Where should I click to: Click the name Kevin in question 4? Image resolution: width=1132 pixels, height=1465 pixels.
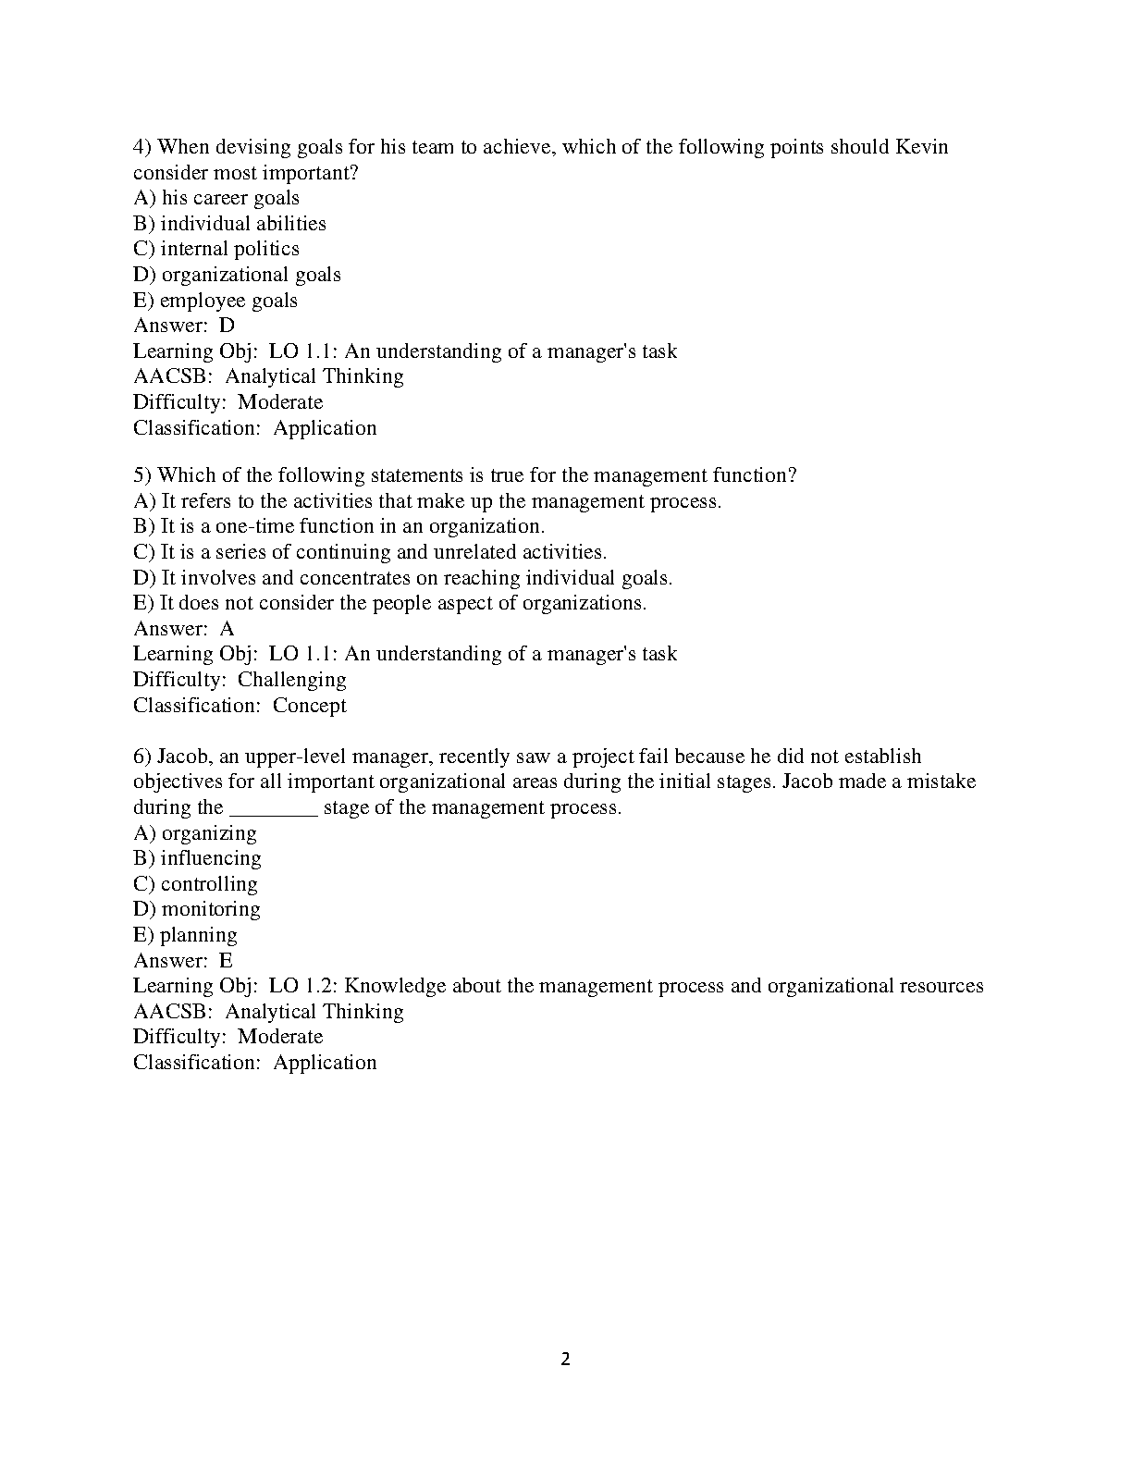click(x=922, y=147)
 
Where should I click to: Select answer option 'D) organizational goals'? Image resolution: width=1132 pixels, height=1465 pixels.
click(x=237, y=275)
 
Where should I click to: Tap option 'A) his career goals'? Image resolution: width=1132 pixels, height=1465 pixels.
click(x=216, y=198)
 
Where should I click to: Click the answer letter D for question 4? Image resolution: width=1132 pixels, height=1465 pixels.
click(x=227, y=326)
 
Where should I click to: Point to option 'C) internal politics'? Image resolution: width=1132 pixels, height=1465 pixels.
click(x=216, y=249)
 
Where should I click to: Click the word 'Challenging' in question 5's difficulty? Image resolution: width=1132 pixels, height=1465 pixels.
click(x=292, y=680)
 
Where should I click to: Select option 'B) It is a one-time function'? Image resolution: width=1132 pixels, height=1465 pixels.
click(x=338, y=526)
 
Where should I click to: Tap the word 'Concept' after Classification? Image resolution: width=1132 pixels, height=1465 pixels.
click(x=310, y=706)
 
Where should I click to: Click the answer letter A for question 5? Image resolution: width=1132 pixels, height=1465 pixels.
click(x=227, y=629)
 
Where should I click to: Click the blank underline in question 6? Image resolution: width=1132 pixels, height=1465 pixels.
click(x=273, y=808)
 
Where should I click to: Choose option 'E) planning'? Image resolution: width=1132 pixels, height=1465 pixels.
click(x=185, y=935)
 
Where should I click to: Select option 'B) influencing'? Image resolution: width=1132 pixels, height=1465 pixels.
click(x=197, y=858)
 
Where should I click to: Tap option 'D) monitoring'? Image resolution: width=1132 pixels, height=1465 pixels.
click(x=197, y=909)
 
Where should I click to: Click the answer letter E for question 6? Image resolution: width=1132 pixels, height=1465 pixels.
click(x=227, y=961)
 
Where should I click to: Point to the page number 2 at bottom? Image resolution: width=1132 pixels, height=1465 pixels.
click(x=566, y=1360)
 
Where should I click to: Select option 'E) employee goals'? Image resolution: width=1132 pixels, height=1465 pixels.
click(x=215, y=301)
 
